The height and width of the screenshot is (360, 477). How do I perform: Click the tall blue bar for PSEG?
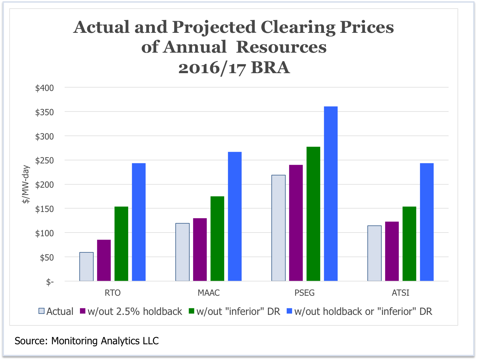[x=331, y=194]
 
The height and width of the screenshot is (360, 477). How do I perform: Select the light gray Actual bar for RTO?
[x=86, y=267]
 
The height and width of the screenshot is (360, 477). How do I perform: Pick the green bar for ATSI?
[x=409, y=244]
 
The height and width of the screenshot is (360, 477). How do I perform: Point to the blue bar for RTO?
[x=139, y=222]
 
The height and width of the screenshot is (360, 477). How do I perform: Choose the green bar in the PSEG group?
[x=313, y=214]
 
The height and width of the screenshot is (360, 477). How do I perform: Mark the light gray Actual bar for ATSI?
[x=374, y=253]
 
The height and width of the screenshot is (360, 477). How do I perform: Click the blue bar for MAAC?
[x=235, y=216]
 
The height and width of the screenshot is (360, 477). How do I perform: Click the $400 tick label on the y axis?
[x=44, y=88]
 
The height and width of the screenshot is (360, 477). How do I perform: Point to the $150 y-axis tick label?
[x=44, y=209]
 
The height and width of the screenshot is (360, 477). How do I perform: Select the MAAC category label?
[x=208, y=293]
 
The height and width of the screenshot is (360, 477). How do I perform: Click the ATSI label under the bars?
[x=400, y=293]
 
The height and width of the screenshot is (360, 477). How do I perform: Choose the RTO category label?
[x=112, y=293]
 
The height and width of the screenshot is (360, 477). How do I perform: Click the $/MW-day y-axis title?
[x=26, y=185]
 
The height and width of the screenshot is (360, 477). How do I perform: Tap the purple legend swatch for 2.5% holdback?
[x=83, y=311]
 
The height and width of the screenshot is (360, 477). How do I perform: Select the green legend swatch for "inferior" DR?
[x=191, y=311]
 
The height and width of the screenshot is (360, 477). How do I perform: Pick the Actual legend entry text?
[x=60, y=311]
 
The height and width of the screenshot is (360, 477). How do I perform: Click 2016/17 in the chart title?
[x=212, y=68]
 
